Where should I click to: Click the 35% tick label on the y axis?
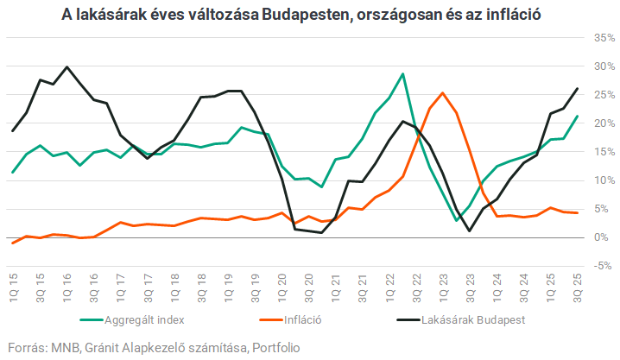pos(601,38)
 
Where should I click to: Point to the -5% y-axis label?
pos(601,266)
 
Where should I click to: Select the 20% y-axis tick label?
pos(601,123)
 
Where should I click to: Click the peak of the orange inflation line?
pos(443,93)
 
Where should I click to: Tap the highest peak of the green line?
pos(402,74)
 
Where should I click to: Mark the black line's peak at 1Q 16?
pos(66,66)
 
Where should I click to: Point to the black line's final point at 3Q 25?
pos(577,89)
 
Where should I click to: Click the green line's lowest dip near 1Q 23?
pos(457,221)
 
